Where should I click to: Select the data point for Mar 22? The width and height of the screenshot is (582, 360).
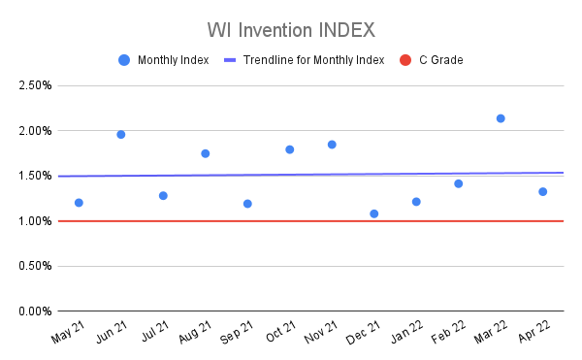click(x=501, y=118)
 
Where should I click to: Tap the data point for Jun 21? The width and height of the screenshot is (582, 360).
click(x=121, y=134)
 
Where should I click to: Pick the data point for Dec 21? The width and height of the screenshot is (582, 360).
click(x=374, y=213)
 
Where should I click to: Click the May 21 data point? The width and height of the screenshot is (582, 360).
click(x=79, y=203)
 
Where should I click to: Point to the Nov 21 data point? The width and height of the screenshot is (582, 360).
click(x=332, y=145)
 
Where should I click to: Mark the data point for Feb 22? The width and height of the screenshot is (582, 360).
click(x=459, y=183)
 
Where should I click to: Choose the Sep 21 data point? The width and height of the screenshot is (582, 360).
click(x=247, y=204)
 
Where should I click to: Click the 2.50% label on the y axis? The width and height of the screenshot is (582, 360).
click(x=34, y=85)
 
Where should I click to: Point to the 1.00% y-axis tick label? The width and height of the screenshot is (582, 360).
click(x=34, y=221)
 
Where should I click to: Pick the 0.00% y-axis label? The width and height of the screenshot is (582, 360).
click(x=34, y=311)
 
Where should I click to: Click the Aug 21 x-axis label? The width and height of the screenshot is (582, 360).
click(x=196, y=334)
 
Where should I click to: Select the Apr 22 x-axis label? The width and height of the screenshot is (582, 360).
click(x=533, y=334)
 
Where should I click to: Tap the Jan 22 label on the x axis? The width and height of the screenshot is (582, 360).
click(x=406, y=334)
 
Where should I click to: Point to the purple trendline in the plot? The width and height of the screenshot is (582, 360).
click(x=291, y=175)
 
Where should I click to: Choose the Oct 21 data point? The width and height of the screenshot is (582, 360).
click(x=290, y=149)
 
